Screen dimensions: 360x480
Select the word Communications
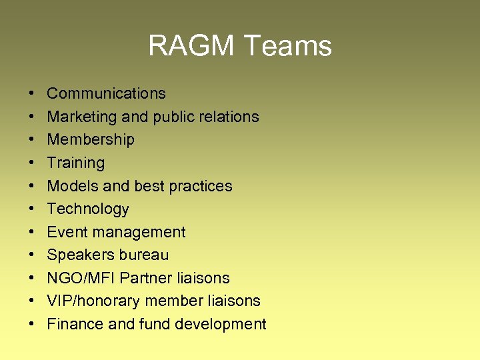coord(106,93)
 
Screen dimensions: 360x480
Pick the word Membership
coord(91,139)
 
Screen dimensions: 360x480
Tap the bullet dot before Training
coord(32,163)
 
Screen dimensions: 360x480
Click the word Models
coord(70,186)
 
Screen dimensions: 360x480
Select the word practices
coord(201,186)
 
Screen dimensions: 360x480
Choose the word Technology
coord(88,209)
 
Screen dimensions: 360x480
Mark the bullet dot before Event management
coord(32,232)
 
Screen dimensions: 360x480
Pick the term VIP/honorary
coord(93,301)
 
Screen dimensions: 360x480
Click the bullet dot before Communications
coord(32,93)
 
